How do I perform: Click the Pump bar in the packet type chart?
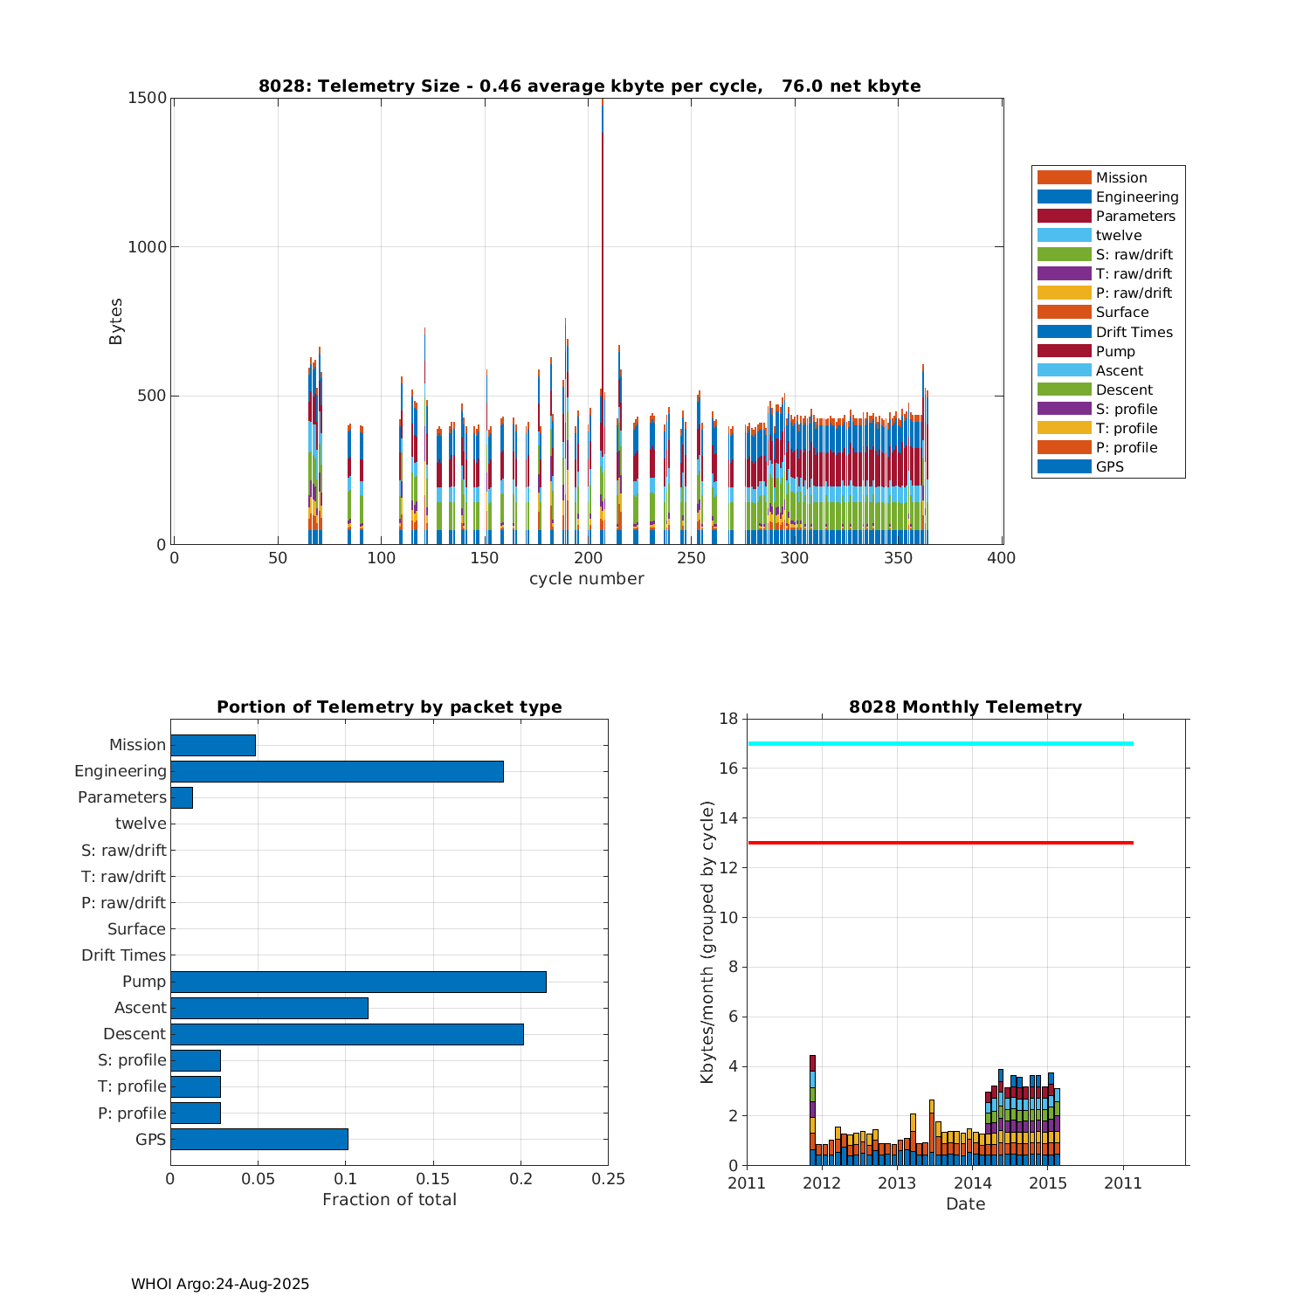[x=358, y=982]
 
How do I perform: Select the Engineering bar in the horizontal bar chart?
[x=336, y=771]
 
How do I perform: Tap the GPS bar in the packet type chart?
[x=259, y=1139]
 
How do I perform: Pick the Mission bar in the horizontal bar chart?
[x=213, y=745]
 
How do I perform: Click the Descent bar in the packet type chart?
[x=347, y=1034]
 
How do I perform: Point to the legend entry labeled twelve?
[x=1118, y=235]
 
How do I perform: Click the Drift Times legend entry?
[x=1134, y=332]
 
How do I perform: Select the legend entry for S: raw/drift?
[x=1134, y=254]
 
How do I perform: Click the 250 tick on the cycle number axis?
[x=691, y=559]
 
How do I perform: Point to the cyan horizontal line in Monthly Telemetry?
[x=941, y=743]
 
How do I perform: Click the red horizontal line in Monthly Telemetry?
[x=941, y=843]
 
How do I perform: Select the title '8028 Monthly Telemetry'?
[x=965, y=707]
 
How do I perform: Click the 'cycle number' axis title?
[x=587, y=579]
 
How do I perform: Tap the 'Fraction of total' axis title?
[x=390, y=1200]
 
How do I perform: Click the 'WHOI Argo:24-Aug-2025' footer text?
[x=220, y=1284]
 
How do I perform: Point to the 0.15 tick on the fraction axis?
[x=433, y=1179]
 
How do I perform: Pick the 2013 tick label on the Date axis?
[x=897, y=1183]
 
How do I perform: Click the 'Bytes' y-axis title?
[x=116, y=321]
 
